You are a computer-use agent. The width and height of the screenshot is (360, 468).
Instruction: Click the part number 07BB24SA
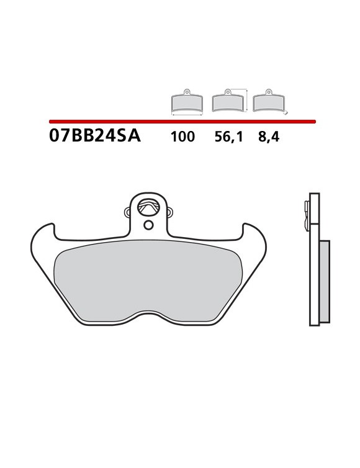[x=95, y=137]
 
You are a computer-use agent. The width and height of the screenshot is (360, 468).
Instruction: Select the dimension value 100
[x=182, y=137]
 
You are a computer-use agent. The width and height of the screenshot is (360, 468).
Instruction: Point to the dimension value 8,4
[x=269, y=137]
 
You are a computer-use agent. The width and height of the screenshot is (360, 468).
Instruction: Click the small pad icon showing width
[x=187, y=102]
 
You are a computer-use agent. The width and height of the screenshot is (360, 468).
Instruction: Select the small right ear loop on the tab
[x=168, y=213]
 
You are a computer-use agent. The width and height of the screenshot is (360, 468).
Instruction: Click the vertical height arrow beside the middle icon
[x=248, y=101]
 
